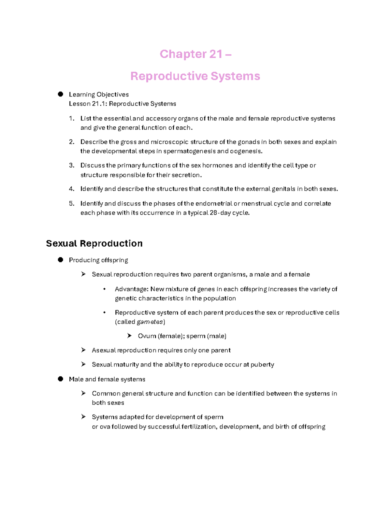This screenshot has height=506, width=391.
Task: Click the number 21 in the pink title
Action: tap(215, 54)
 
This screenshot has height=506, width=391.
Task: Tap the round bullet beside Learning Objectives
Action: tap(60, 94)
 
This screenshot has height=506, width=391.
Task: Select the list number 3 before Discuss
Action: tap(71, 166)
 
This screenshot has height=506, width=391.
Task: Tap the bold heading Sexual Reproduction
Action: tap(94, 243)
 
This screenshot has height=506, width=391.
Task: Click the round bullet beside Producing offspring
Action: tap(60, 260)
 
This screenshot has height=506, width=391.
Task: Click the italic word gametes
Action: tap(150, 322)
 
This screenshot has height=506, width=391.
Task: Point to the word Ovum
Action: tap(147, 336)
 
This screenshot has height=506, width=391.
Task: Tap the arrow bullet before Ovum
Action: tap(129, 336)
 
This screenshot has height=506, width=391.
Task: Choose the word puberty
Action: tap(262, 365)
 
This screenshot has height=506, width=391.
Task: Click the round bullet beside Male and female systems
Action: tap(60, 379)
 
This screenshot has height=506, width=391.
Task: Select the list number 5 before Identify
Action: tap(71, 204)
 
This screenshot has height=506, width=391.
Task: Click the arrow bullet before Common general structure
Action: tap(83, 393)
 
